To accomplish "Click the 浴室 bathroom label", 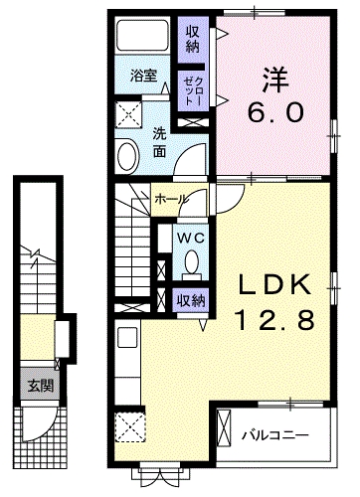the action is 143,76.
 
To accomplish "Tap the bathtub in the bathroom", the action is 143,35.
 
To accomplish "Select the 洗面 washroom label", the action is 159,143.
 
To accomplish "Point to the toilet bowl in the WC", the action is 192,262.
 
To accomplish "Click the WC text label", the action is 191,238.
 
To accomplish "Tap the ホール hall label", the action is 171,200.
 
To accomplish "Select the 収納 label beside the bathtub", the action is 193,40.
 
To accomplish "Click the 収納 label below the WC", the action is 190,301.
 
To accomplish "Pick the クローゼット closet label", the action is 193,90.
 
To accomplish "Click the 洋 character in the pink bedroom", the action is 275,80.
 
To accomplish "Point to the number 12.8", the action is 274,320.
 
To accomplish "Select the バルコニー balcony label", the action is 274,433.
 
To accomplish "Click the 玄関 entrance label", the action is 41,386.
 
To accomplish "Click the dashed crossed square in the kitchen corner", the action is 130,426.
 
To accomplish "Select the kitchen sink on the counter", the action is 127,338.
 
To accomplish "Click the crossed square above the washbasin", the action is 128,114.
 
